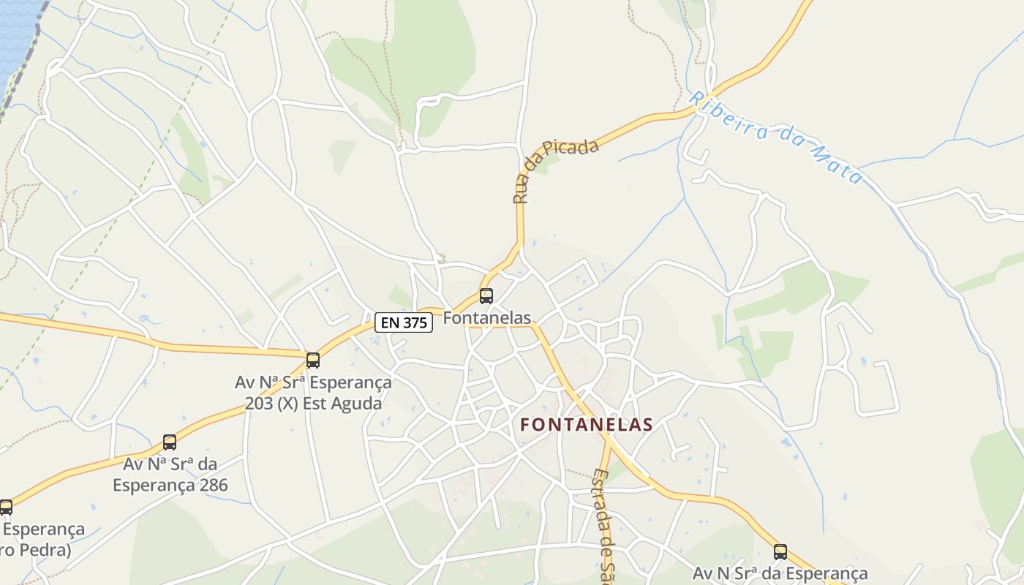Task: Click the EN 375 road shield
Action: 404,322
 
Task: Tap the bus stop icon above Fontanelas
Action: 486,296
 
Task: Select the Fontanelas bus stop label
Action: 487,318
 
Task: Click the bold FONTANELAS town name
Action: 587,425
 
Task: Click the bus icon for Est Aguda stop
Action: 313,360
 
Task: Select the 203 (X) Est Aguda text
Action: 313,403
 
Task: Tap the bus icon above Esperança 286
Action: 170,442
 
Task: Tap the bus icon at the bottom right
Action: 780,552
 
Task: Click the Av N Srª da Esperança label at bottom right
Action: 780,574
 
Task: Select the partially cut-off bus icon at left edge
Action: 5,507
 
